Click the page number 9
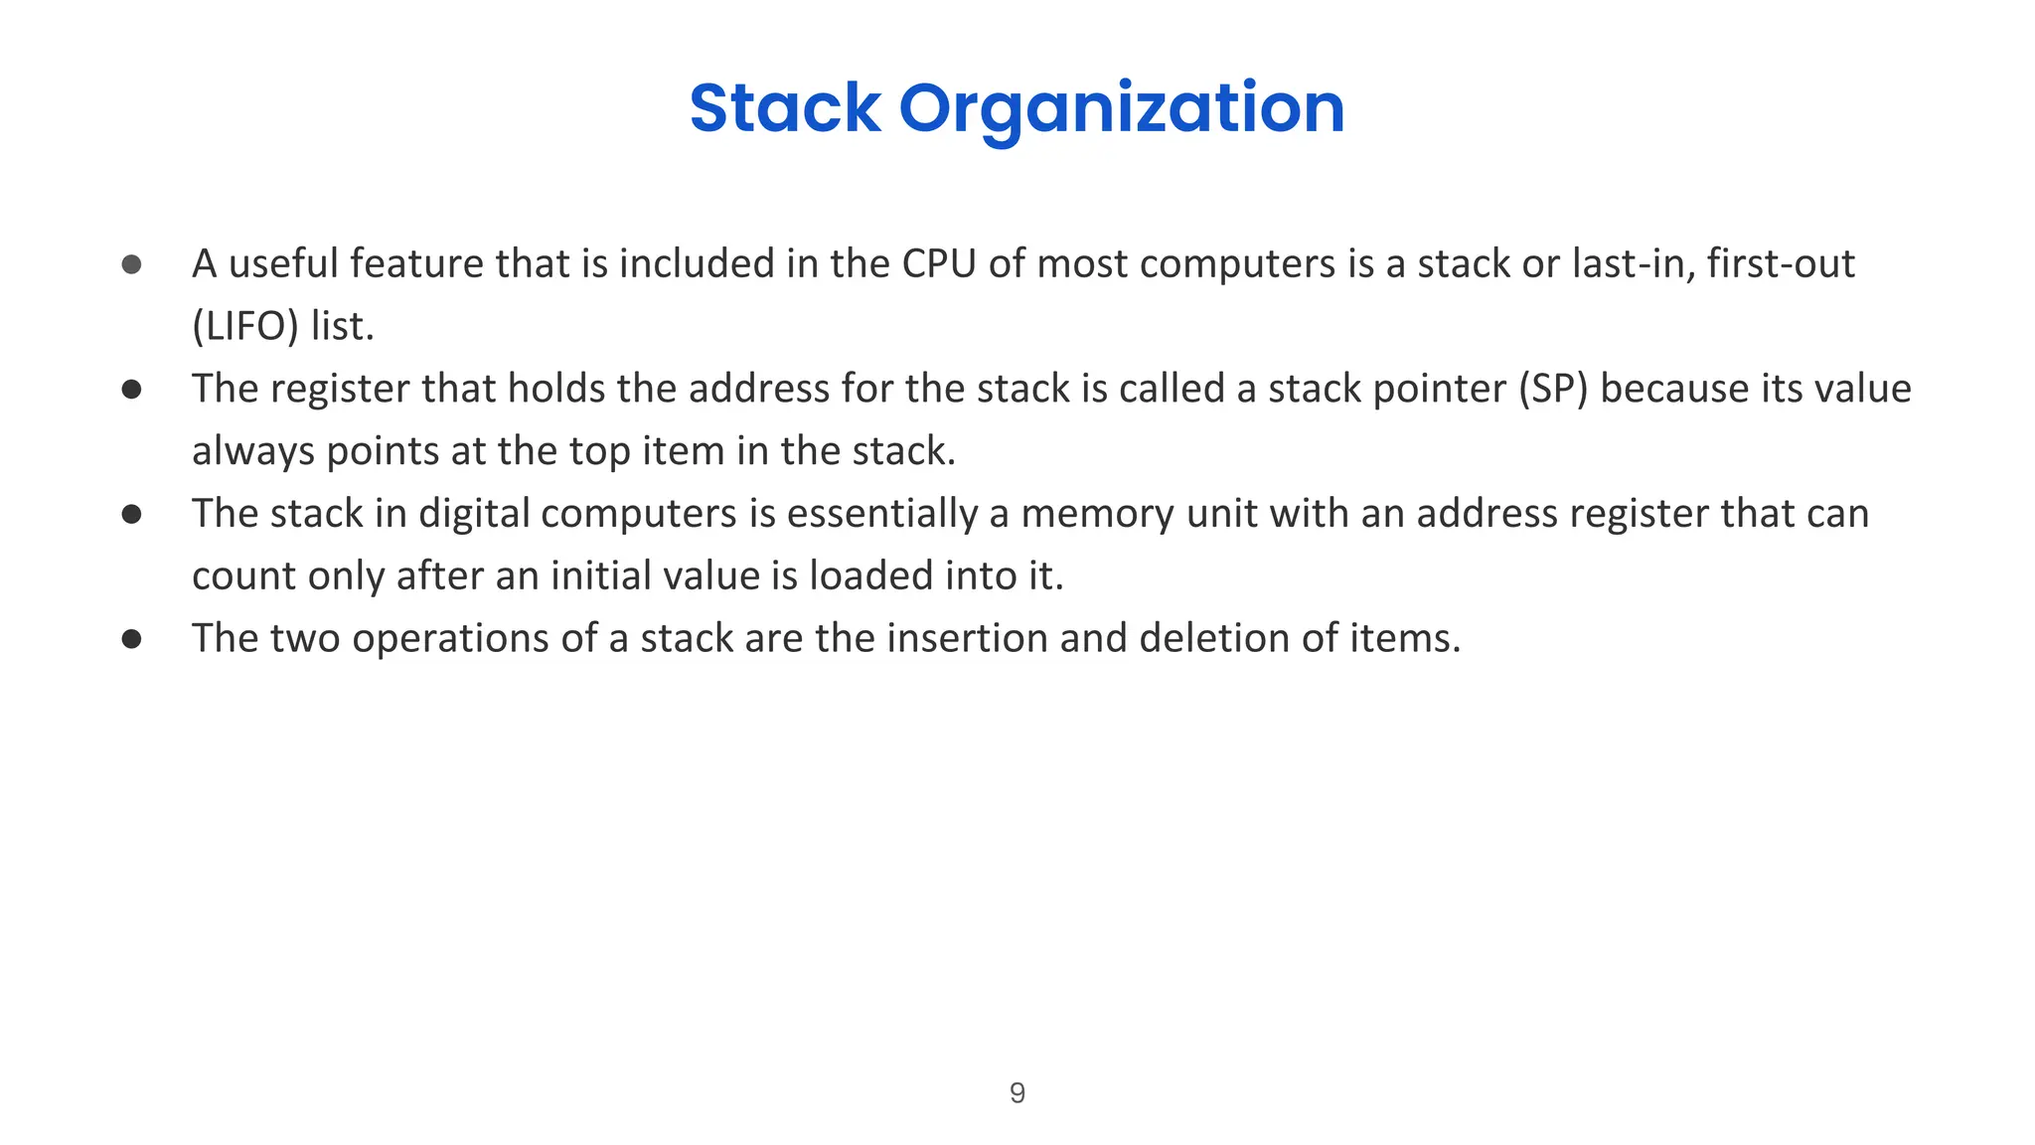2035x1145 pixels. pyautogui.click(x=1017, y=1092)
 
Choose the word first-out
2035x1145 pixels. pyautogui.click(x=1781, y=264)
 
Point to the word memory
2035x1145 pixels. pyautogui.click(x=1082, y=514)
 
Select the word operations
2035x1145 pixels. pyautogui.click(x=449, y=638)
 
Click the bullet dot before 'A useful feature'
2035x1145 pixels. pyautogui.click(x=131, y=264)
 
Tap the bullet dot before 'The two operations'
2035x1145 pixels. pyautogui.click(x=131, y=638)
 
